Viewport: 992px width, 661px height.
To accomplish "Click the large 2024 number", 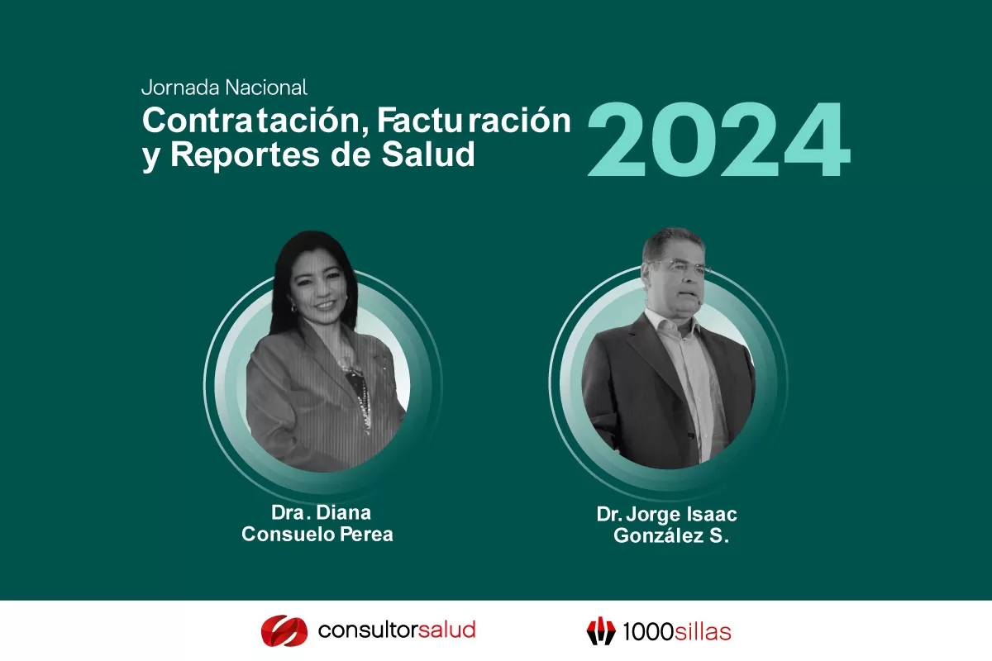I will point(718,140).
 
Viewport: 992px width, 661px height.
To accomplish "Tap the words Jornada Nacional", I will point(224,87).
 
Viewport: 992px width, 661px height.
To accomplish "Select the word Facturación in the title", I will point(474,121).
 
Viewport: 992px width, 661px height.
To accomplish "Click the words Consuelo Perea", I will point(317,535).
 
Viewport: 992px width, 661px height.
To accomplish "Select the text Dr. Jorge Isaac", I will point(666,514).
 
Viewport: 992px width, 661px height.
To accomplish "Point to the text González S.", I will point(670,536).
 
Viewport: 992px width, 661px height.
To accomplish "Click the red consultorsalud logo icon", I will point(284,630).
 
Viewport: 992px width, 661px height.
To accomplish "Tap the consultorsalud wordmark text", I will point(397,630).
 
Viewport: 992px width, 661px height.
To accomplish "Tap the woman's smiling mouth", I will point(325,305).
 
